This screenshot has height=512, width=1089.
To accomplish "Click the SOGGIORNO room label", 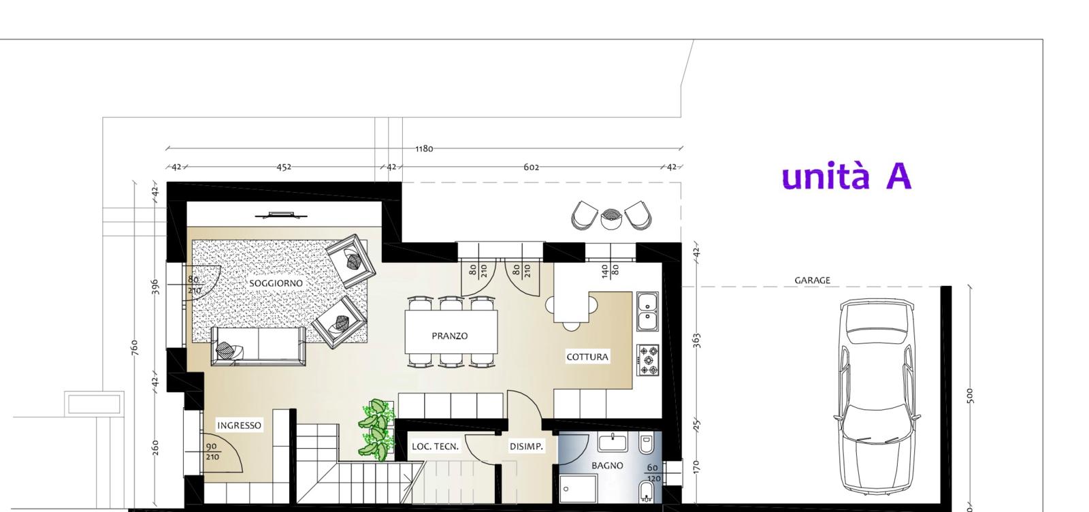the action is pos(276,283).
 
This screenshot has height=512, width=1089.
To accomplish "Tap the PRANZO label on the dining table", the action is pos(450,336).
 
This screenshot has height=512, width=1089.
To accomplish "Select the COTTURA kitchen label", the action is pos(587,357).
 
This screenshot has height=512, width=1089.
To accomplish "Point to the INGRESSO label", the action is pos(239,426).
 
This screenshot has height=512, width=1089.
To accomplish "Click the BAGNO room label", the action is pos(607,465).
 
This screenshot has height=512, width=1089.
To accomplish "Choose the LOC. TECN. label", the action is pos(435,447).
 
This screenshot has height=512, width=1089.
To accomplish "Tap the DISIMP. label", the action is pos(526,447).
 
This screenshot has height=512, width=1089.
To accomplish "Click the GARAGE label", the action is pos(813,280).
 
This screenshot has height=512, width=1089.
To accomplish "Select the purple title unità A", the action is pos(847,176).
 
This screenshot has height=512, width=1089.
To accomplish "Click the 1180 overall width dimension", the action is pos(424,148).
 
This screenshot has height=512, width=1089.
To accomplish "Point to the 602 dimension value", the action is pos(531,167).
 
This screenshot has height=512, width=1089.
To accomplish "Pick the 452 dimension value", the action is pos(284,167).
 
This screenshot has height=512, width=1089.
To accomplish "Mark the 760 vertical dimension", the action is pos(135,348).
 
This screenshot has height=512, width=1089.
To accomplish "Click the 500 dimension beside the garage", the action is pos(971,396).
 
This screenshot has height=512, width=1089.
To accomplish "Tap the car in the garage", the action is pos(877,396).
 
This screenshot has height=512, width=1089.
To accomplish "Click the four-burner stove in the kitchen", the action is pos(648,360).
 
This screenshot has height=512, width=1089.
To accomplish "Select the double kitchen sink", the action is pos(647,312).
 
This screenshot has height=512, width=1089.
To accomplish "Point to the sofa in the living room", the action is pos(258,346).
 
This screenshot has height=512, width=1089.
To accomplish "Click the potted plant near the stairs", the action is pos(375,430).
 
